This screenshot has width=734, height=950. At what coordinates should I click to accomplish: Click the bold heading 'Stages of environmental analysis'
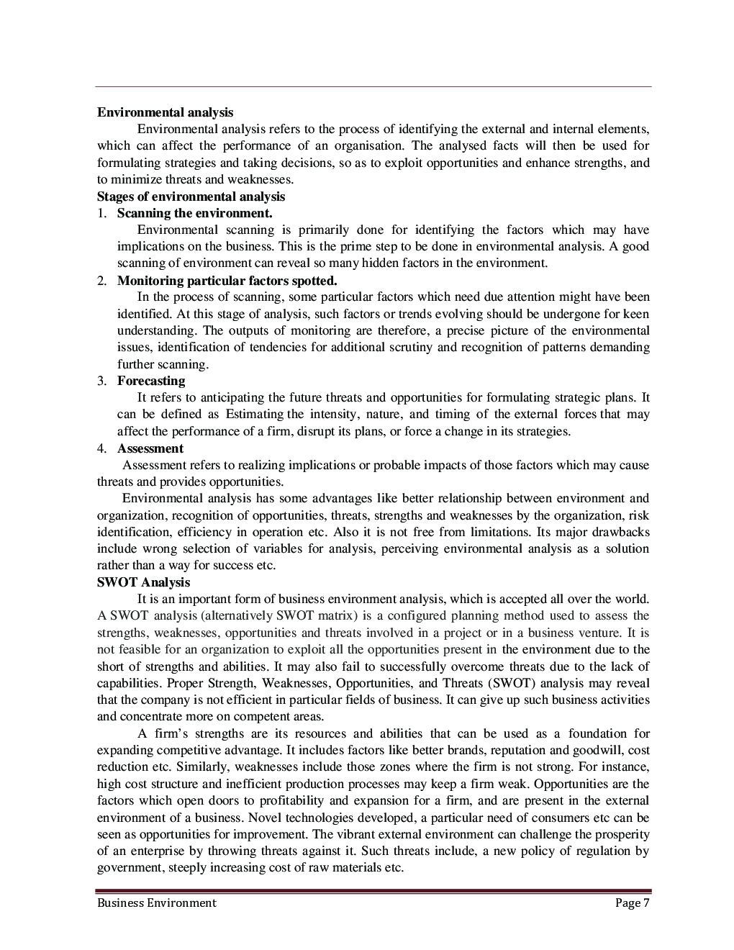(x=191, y=196)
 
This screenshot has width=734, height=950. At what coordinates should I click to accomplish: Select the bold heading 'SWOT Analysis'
(x=143, y=582)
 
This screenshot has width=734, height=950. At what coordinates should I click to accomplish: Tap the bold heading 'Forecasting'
(x=151, y=381)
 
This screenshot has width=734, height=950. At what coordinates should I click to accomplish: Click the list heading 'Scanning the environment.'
(x=194, y=213)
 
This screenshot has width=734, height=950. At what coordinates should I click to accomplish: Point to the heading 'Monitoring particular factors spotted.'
(x=227, y=280)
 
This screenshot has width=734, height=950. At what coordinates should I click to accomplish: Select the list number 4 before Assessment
(x=102, y=448)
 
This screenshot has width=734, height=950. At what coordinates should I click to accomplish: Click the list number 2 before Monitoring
(x=102, y=280)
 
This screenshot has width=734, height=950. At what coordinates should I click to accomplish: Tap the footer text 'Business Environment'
(x=156, y=902)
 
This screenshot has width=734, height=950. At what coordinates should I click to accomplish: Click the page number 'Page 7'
(x=633, y=902)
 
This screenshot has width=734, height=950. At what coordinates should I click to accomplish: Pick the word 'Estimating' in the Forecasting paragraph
(x=255, y=415)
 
